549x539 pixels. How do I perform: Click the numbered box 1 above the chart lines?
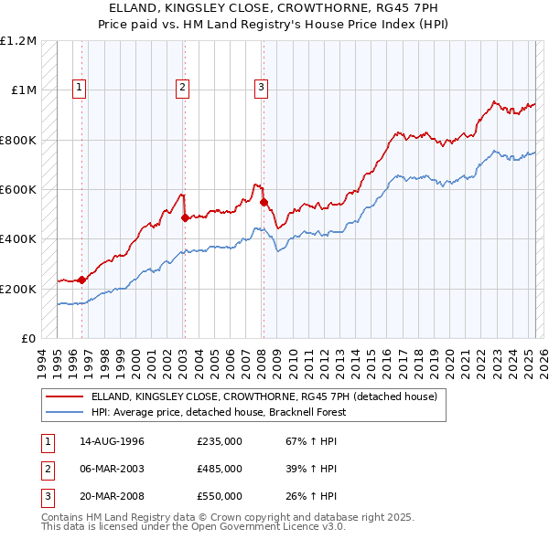(81, 88)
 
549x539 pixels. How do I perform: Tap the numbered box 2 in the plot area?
(183, 88)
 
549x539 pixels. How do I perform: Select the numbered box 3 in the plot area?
(261, 88)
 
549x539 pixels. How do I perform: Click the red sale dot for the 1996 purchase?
(82, 280)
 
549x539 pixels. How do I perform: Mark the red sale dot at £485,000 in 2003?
(185, 217)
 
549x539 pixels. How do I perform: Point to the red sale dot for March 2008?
(264, 202)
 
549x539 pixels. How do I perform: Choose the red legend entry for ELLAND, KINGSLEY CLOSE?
(264, 396)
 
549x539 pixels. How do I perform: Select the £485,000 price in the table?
(220, 469)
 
